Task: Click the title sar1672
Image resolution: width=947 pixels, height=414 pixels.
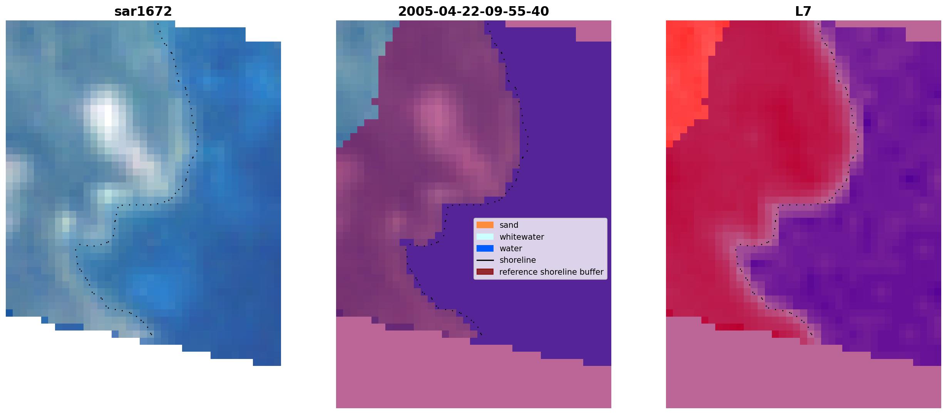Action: tap(143, 12)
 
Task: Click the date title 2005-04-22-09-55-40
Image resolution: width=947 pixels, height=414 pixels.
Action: tap(473, 12)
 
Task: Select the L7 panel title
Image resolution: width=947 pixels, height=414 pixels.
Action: tap(803, 12)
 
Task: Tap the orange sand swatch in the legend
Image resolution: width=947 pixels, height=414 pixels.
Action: tap(485, 225)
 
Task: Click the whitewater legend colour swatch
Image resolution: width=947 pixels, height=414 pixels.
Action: tap(485, 237)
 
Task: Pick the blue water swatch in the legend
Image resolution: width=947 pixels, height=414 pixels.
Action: tap(485, 249)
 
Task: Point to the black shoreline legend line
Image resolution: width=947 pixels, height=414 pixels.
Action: tap(485, 260)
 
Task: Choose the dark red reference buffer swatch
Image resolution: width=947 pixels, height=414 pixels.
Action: tap(485, 272)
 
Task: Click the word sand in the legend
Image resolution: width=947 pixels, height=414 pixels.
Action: tap(509, 225)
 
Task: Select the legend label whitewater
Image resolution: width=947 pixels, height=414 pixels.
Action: tap(522, 237)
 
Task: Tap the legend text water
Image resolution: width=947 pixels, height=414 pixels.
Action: tap(511, 249)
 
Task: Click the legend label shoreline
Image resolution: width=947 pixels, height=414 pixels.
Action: tap(518, 260)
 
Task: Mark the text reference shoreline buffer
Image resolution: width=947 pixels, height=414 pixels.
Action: tap(551, 272)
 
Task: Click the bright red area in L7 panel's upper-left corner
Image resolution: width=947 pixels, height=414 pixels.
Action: tap(689, 77)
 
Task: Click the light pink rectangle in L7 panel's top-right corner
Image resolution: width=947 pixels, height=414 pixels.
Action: tap(924, 31)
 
